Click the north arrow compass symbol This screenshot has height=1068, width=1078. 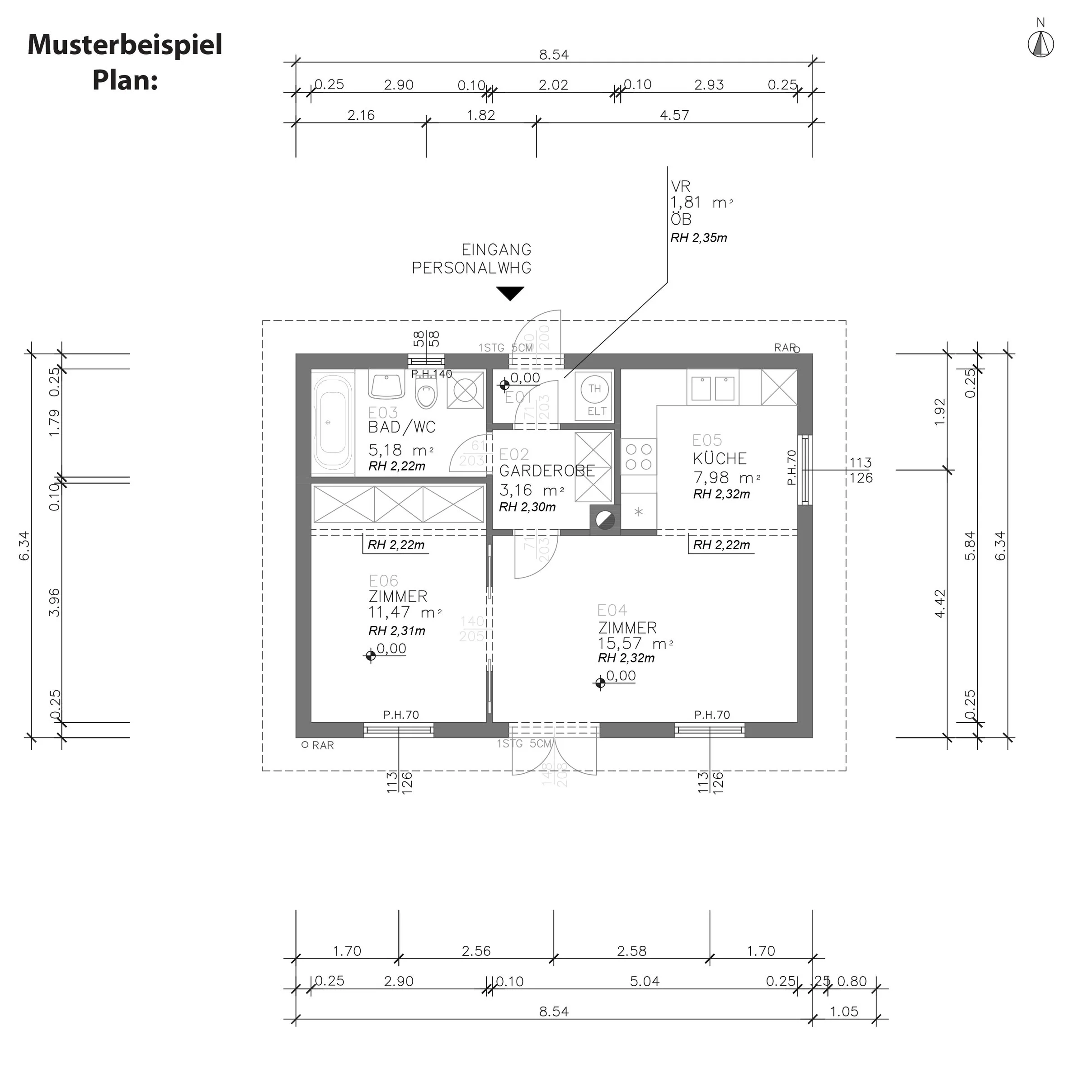pos(1040,44)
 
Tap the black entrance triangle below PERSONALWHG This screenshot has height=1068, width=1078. pos(510,293)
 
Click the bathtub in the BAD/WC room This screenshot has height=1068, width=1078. pos(333,423)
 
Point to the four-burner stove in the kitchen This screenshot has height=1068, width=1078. pos(639,456)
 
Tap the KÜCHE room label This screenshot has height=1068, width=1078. pos(719,459)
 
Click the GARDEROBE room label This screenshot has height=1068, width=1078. pos(546,470)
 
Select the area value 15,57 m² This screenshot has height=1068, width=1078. pos(635,643)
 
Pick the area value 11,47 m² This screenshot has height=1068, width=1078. pos(405,612)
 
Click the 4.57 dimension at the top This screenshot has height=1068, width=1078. pos(674,115)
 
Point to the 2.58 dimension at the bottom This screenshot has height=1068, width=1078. pos(631,950)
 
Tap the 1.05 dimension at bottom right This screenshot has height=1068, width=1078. pos(844,1011)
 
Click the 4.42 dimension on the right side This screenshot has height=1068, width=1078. pos(940,603)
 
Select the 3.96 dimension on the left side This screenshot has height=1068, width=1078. pos(54,602)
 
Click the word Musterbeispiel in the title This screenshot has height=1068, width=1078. pos(125,45)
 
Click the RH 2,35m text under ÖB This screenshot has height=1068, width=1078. pos(699,238)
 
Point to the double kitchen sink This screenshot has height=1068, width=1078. pos(713,388)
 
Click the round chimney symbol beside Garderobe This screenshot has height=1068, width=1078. pos(605,521)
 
